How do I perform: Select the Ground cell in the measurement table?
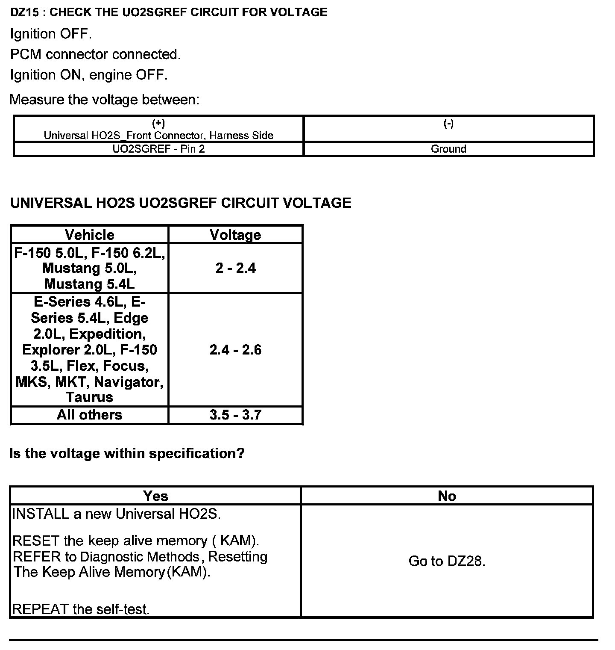pyautogui.click(x=448, y=149)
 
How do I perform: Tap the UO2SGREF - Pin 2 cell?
pyautogui.click(x=158, y=149)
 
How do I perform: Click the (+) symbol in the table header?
pyautogui.click(x=158, y=124)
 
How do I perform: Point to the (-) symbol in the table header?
pyautogui.click(x=448, y=124)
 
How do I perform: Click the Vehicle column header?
pyautogui.click(x=90, y=235)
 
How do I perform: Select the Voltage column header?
pyautogui.click(x=235, y=235)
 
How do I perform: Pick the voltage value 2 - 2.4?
pyautogui.click(x=235, y=268)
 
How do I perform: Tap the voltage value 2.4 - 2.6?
pyautogui.click(x=235, y=350)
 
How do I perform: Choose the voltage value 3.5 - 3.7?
pyautogui.click(x=235, y=415)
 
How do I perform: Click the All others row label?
pyautogui.click(x=90, y=415)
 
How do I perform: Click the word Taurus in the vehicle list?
pyautogui.click(x=90, y=397)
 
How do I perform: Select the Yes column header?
pyautogui.click(x=155, y=496)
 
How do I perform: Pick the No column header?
pyautogui.click(x=447, y=496)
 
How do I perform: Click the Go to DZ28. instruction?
pyautogui.click(x=447, y=561)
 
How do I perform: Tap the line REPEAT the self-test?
pyautogui.click(x=81, y=609)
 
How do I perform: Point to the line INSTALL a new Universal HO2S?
pyautogui.click(x=117, y=514)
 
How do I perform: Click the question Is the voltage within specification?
pyautogui.click(x=127, y=453)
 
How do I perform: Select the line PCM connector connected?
pyautogui.click(x=96, y=54)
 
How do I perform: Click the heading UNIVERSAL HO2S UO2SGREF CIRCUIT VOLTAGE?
pyautogui.click(x=181, y=203)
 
